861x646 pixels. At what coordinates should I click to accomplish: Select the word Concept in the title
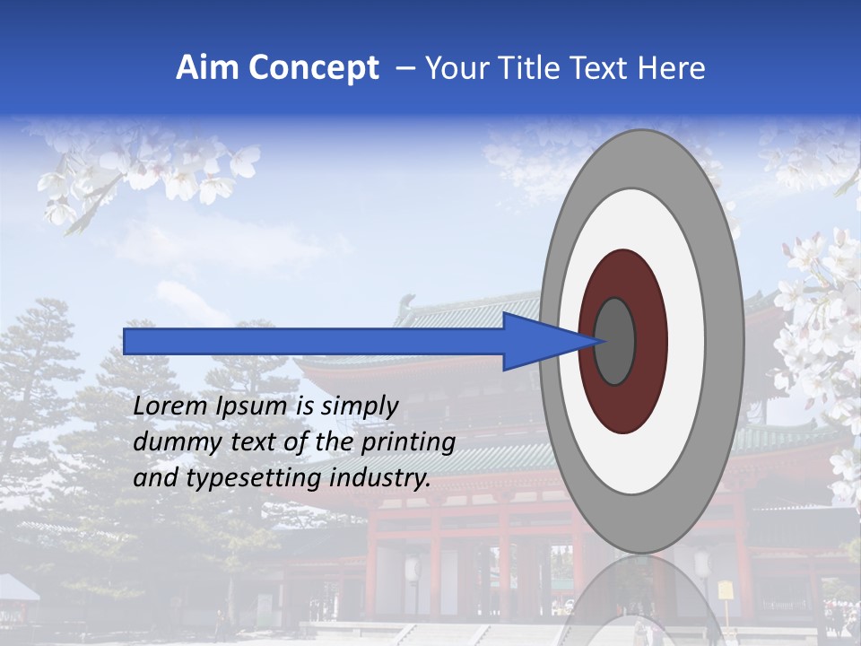pyautogui.click(x=313, y=68)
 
